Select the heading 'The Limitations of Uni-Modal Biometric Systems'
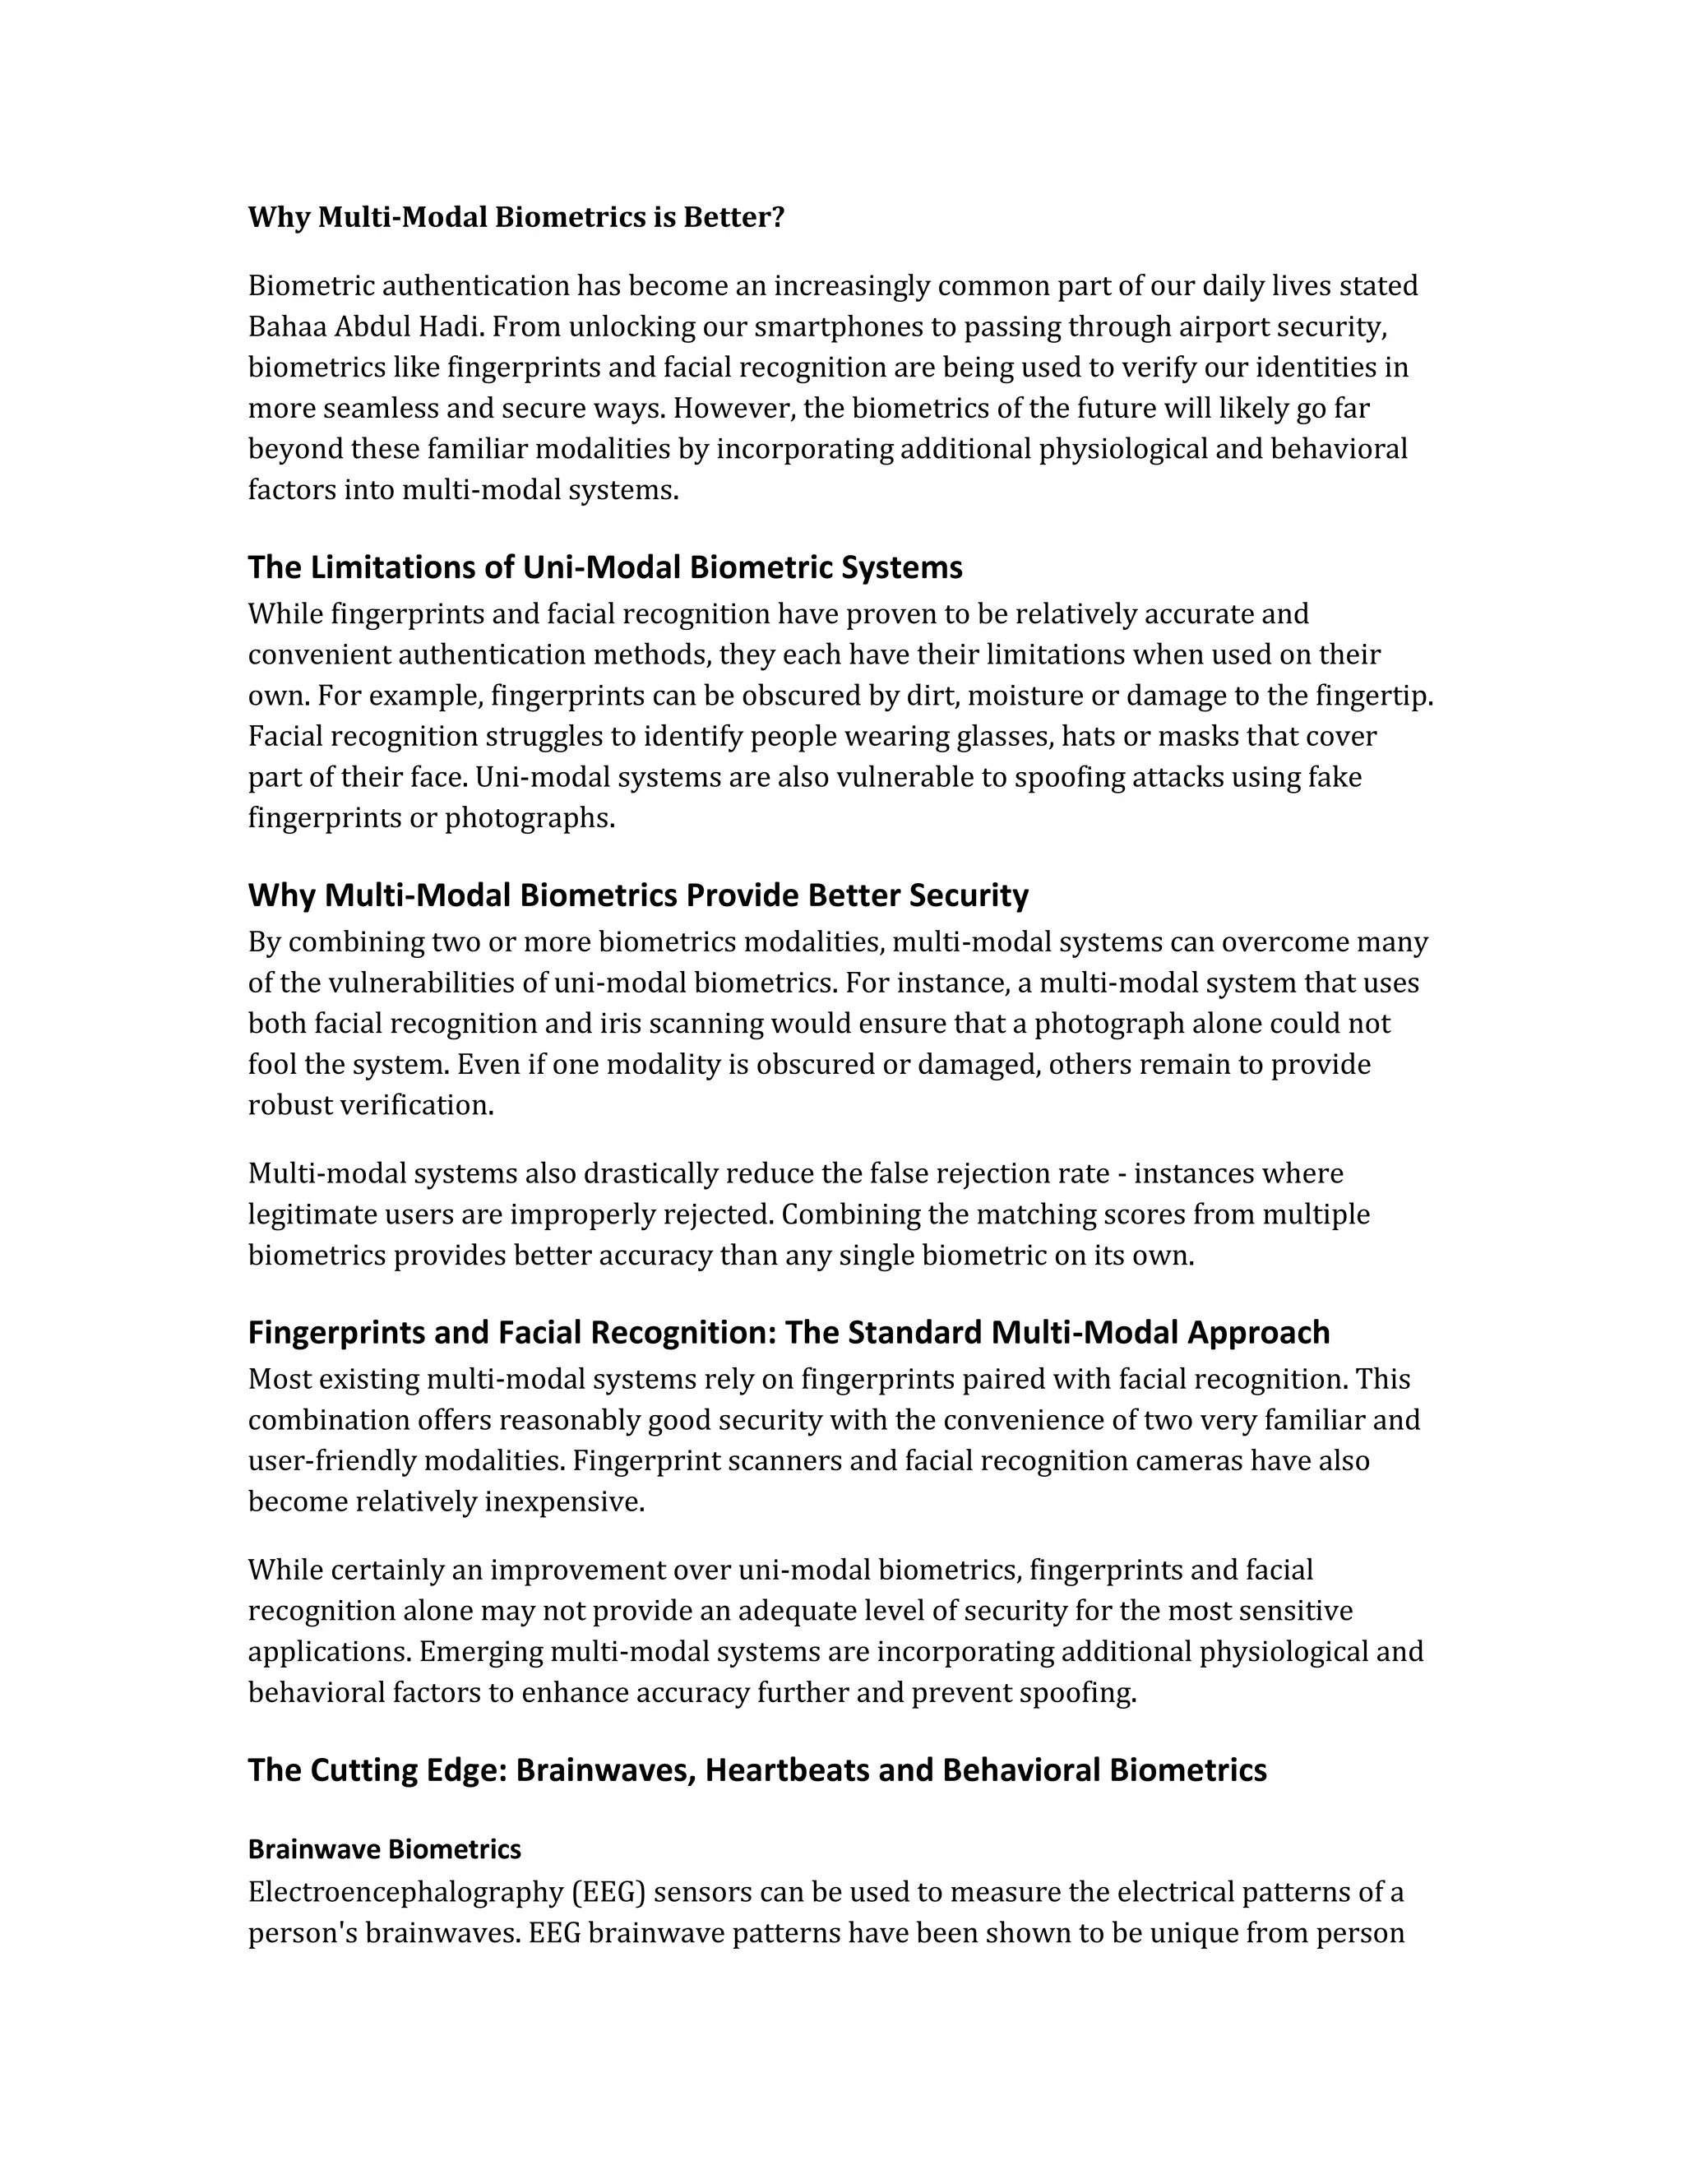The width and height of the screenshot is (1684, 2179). pos(604,567)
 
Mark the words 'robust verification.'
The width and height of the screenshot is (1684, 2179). pos(371,1105)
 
